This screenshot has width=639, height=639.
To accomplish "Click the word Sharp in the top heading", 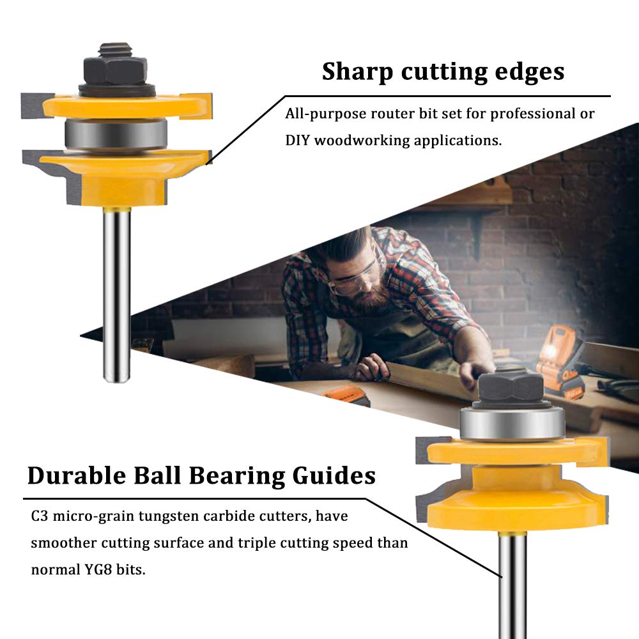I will [x=357, y=72].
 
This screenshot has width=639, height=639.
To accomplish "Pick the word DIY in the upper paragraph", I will [x=298, y=141].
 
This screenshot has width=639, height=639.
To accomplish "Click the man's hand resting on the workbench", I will [x=371, y=369].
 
